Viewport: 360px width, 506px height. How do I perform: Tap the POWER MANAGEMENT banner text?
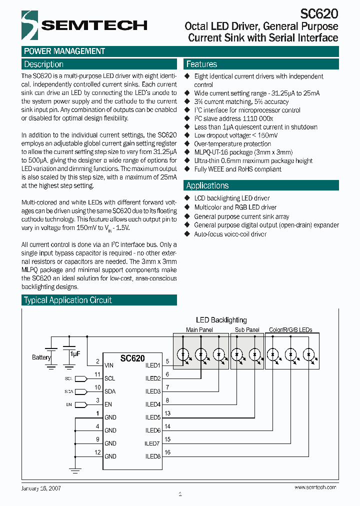pos(64,51)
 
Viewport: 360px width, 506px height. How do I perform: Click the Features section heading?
pos(201,64)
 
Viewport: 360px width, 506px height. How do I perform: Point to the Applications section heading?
pos(207,185)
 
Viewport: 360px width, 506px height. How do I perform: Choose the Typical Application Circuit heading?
pos(68,300)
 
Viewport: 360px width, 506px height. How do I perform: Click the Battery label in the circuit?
pos(41,357)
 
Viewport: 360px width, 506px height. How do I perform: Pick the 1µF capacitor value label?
pos(75,353)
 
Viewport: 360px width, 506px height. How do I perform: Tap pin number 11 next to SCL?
pos(97,374)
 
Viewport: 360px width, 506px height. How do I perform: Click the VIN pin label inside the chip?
pos(109,365)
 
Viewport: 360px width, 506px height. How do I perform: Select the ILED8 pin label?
pos(152,456)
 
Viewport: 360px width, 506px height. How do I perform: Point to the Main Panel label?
pos(199,330)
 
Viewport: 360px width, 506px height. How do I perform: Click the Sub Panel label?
pos(247,330)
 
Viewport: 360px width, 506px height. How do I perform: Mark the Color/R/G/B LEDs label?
pos(290,330)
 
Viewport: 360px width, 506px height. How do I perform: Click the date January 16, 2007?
pos(41,487)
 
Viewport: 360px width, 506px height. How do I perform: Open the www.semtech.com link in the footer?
pos(315,487)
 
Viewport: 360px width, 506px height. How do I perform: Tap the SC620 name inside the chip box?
pos(132,358)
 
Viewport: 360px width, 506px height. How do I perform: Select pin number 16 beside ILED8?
pos(167,452)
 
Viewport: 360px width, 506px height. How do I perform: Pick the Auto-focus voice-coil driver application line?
pos(230,234)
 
